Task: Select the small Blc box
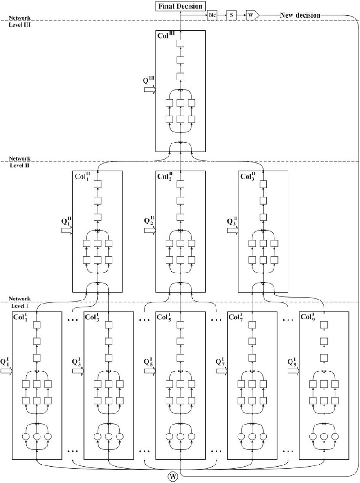tap(212, 15)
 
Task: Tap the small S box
tap(231, 15)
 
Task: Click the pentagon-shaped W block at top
tap(251, 15)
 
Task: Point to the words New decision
tap(300, 15)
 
